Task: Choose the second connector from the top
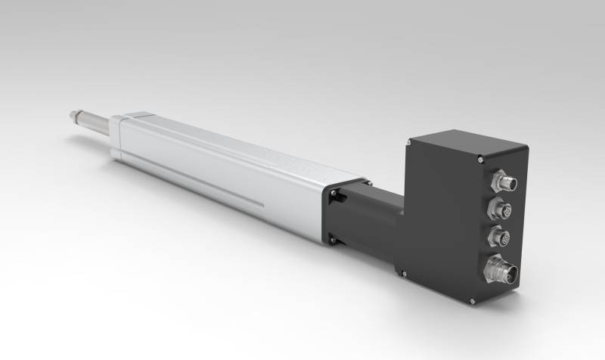point(501,209)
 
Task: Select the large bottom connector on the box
point(501,270)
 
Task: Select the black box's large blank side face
point(439,219)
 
